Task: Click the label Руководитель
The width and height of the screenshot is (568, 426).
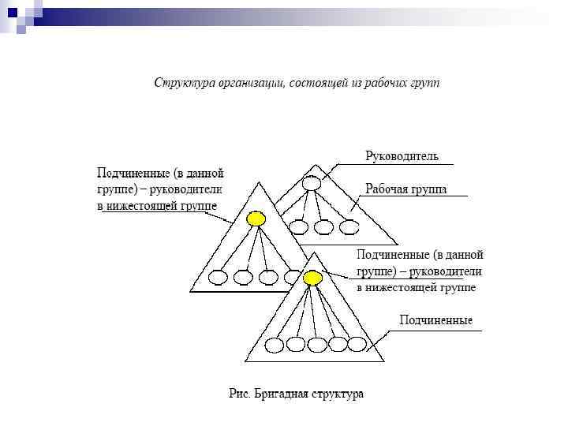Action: click(x=402, y=156)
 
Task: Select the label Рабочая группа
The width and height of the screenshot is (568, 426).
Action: click(x=406, y=189)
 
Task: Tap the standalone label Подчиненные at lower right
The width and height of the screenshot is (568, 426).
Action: click(x=435, y=320)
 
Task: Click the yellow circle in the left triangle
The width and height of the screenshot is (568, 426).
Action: click(x=256, y=219)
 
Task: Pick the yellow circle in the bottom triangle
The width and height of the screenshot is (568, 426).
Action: click(x=313, y=278)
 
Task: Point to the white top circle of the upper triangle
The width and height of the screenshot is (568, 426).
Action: click(x=311, y=184)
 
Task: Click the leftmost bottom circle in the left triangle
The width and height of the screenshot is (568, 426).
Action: click(x=219, y=278)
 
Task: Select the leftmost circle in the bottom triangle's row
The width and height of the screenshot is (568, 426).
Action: click(x=275, y=344)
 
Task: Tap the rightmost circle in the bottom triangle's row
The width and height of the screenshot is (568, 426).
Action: click(x=357, y=344)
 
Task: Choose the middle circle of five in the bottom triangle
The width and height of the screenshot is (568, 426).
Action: click(x=316, y=344)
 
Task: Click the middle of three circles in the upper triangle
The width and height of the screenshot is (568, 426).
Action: click(x=323, y=227)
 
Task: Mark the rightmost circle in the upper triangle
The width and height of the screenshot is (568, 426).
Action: click(x=348, y=227)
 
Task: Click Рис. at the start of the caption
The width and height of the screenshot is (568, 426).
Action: click(x=239, y=393)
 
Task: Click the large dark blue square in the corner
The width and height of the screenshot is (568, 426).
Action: click(x=12, y=12)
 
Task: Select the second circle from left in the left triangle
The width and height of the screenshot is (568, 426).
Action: click(x=244, y=278)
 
